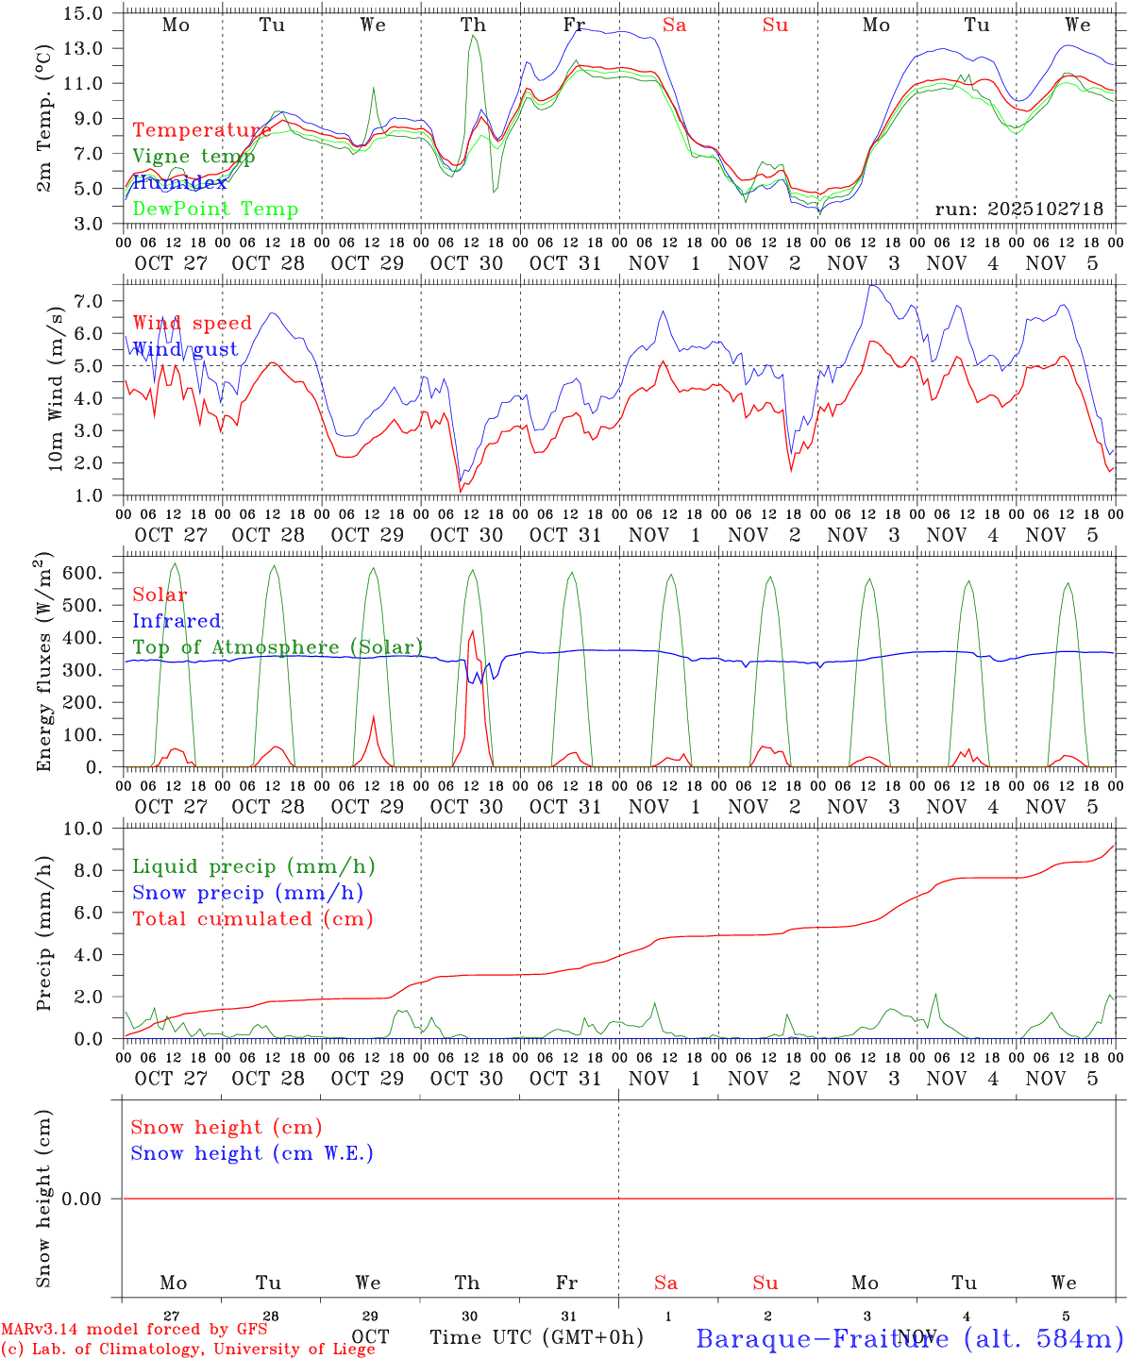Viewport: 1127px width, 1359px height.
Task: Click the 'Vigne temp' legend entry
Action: pos(193,157)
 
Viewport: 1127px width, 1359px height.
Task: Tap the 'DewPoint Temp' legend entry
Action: pos(215,210)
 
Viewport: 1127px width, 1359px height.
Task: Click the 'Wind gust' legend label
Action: pos(185,349)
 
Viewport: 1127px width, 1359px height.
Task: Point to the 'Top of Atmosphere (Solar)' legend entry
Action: pos(278,647)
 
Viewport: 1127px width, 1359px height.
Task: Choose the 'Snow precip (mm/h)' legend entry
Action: pos(247,893)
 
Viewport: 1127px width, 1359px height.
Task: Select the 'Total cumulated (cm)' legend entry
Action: pos(253,919)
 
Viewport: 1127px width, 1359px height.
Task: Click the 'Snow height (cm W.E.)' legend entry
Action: pos(252,1153)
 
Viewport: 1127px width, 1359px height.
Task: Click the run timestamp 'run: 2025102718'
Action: pos(1018,210)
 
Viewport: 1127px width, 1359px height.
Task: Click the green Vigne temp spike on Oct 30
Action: pos(473,37)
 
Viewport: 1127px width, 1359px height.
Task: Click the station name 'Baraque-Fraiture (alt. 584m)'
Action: pos(909,1337)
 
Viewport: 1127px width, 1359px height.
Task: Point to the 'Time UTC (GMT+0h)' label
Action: pos(536,1337)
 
